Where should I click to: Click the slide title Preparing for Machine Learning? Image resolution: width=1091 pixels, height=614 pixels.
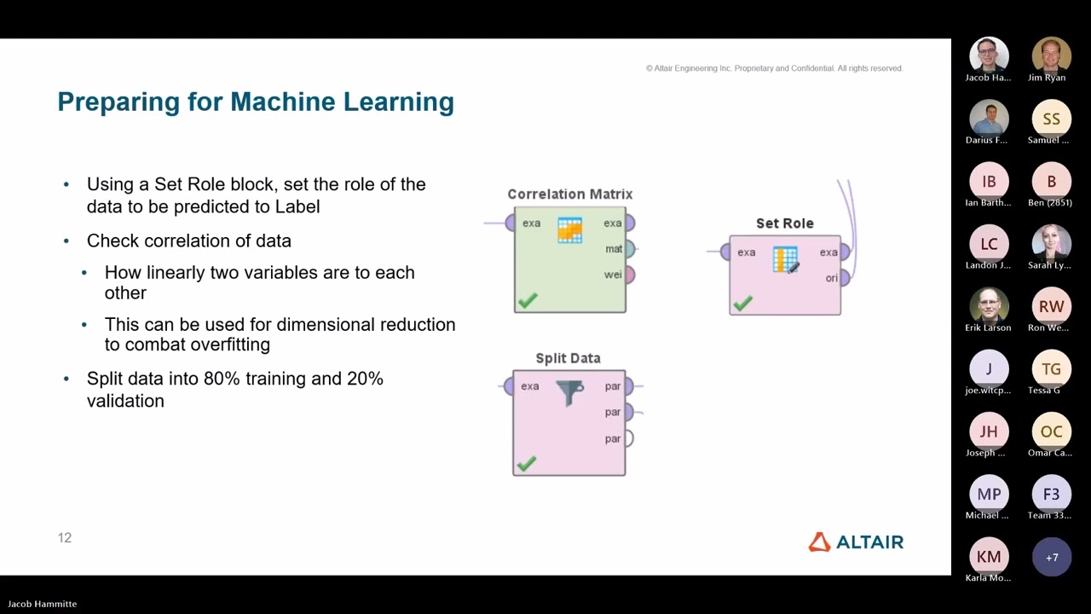click(256, 101)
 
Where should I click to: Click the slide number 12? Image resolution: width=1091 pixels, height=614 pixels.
click(65, 537)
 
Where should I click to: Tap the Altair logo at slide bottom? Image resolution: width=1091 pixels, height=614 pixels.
click(856, 542)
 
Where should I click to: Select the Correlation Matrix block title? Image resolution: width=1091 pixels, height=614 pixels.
click(569, 194)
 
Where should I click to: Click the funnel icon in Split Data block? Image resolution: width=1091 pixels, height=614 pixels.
click(569, 391)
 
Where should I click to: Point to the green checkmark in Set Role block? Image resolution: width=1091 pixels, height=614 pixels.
click(743, 302)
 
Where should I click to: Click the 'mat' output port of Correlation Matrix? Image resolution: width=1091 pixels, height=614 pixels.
click(629, 249)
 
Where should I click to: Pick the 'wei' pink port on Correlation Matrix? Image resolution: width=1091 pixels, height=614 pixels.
click(629, 275)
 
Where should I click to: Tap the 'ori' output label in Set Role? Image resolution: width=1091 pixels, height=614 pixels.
click(831, 278)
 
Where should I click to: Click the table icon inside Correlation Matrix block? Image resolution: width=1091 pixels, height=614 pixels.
click(569, 229)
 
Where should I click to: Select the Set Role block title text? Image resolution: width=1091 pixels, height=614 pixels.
click(784, 223)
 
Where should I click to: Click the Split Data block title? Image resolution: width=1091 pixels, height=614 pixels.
click(568, 358)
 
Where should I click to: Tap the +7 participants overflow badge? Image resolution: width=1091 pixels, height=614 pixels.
click(1052, 557)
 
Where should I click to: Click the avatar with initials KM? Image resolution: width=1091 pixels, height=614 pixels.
click(989, 557)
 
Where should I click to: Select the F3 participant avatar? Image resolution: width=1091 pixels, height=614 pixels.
click(1052, 495)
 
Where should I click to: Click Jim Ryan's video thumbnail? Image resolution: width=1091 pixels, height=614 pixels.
click(1052, 56)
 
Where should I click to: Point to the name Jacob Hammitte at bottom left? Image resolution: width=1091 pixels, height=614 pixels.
click(43, 604)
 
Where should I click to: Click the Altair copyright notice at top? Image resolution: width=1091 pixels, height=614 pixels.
click(774, 68)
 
